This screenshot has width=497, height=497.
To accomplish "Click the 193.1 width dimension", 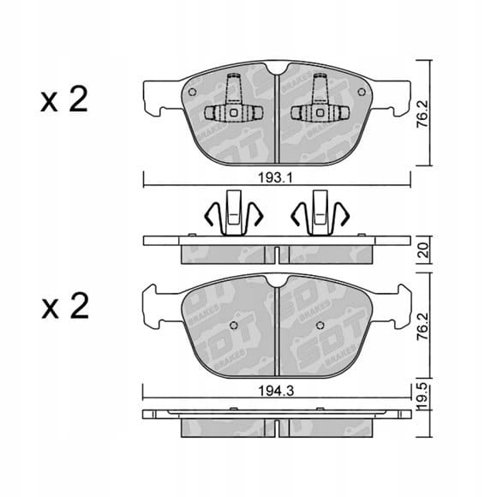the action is [275, 178].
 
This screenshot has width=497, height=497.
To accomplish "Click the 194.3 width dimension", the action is [277, 391].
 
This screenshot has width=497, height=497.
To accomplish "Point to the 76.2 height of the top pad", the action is [423, 113].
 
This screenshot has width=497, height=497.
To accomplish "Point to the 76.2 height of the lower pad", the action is [423, 326].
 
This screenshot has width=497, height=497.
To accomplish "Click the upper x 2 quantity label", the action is [64, 100].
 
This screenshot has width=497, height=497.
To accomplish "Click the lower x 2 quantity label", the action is [65, 306].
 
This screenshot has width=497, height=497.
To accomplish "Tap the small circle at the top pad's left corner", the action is [192, 93].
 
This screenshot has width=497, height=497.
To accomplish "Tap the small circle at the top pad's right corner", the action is [362, 93].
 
